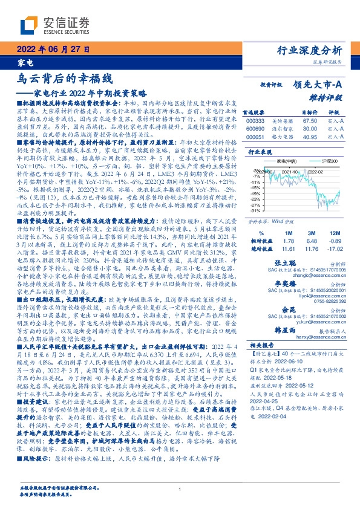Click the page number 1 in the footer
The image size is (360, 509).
[x=180, y=490]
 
